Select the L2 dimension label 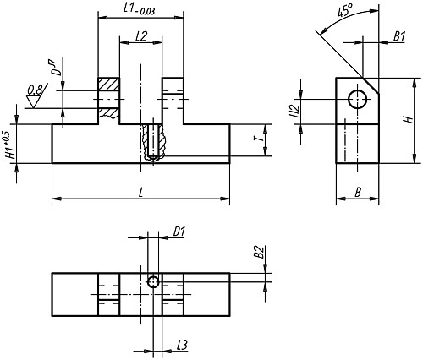141,36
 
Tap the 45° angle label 345,11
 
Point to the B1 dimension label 399,36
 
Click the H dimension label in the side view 409,119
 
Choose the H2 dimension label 294,111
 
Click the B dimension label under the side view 358,193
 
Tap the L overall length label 141,193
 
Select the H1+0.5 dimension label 11,145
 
